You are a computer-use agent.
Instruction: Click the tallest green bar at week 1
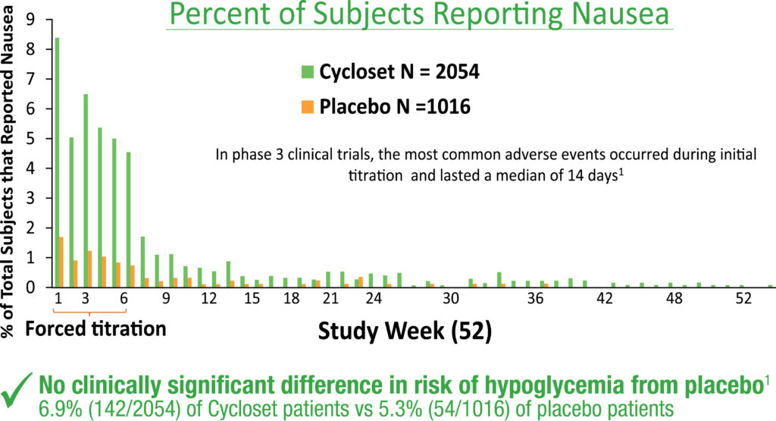tap(57, 162)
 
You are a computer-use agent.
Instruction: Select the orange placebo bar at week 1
tap(61, 262)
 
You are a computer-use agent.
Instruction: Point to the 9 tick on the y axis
tap(30, 20)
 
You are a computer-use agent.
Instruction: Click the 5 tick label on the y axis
tap(30, 140)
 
